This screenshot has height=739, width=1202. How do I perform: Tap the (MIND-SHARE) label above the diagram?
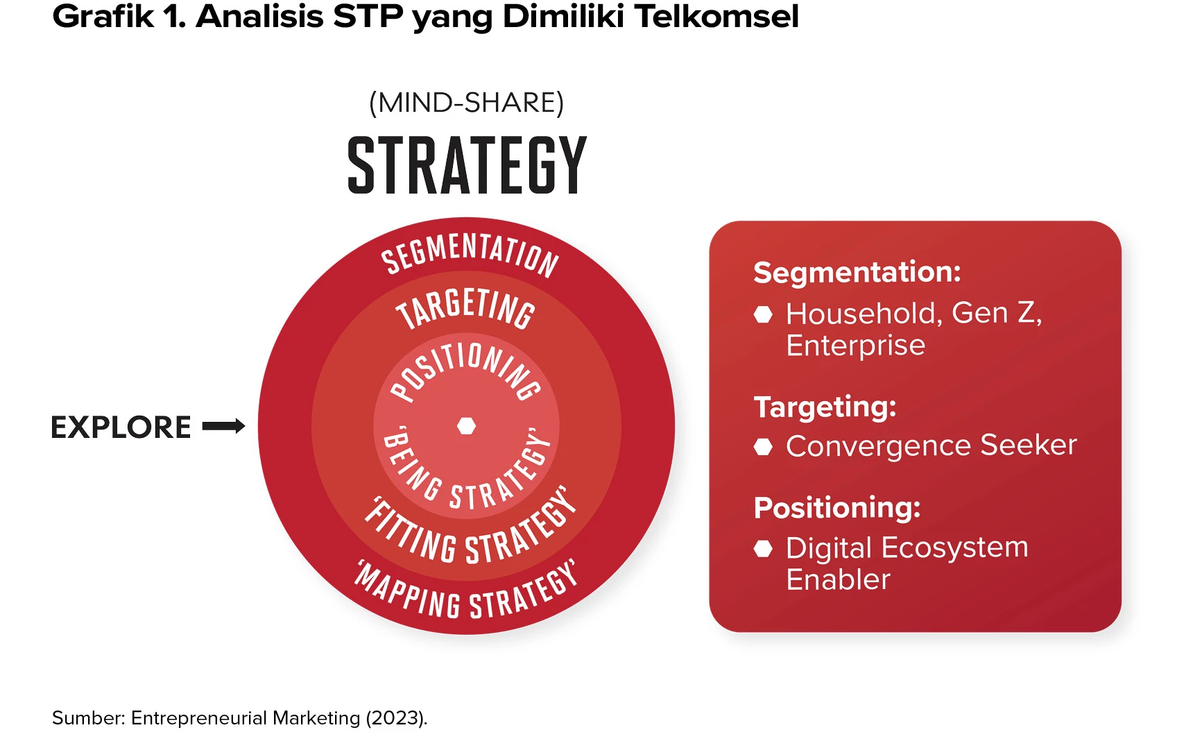pyautogui.click(x=467, y=103)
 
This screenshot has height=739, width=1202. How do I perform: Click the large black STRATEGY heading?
pyautogui.click(x=467, y=165)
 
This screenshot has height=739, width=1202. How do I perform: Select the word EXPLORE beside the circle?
pyautogui.click(x=121, y=427)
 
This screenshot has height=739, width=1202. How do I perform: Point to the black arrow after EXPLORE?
pyautogui.click(x=223, y=426)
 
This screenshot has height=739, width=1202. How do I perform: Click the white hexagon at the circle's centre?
pyautogui.click(x=467, y=425)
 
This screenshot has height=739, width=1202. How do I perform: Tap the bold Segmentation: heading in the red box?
pyautogui.click(x=857, y=272)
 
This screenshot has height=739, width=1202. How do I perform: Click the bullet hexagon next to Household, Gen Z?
pyautogui.click(x=763, y=314)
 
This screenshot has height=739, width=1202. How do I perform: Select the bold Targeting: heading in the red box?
pyautogui.click(x=825, y=407)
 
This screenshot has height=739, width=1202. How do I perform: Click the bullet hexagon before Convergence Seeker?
pyautogui.click(x=763, y=446)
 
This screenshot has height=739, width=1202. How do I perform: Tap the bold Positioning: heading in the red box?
pyautogui.click(x=837, y=508)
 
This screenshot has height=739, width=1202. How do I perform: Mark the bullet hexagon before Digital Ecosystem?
pyautogui.click(x=763, y=549)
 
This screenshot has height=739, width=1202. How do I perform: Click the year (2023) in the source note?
pyautogui.click(x=396, y=718)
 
